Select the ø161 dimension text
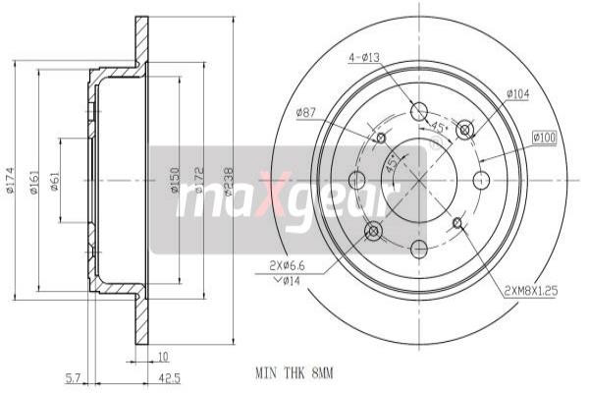coord(34,182)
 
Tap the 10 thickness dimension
coord(163,356)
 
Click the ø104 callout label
coord(518,94)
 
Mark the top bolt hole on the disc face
coord(419,111)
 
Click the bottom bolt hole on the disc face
coord(419,247)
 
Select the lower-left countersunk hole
coord(372,230)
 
